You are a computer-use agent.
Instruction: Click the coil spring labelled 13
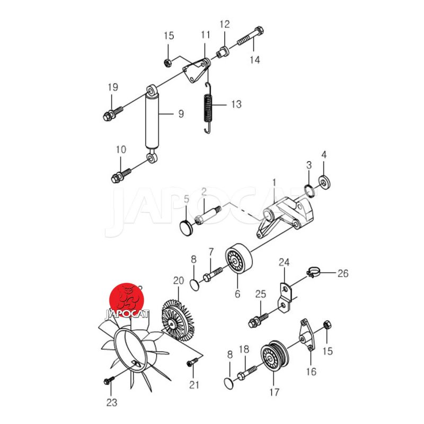pos(208,108)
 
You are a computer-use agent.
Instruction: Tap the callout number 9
pos(181,114)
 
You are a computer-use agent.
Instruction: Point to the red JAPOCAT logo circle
pos(127,300)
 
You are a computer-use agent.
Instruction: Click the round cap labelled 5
pos(187,227)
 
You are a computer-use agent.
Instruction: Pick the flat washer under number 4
pos(324,182)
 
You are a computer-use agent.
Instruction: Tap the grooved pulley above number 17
pos(275,356)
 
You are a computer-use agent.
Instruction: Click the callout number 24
pos(284,262)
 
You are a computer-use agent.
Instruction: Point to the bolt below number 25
pos(258,319)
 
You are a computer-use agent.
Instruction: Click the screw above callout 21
pos(192,362)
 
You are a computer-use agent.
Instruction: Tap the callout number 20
pos(179,281)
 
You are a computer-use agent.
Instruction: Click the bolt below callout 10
pos(121,175)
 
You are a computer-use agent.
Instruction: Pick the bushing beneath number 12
pos(223,52)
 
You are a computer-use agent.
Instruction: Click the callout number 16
pos(311,372)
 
